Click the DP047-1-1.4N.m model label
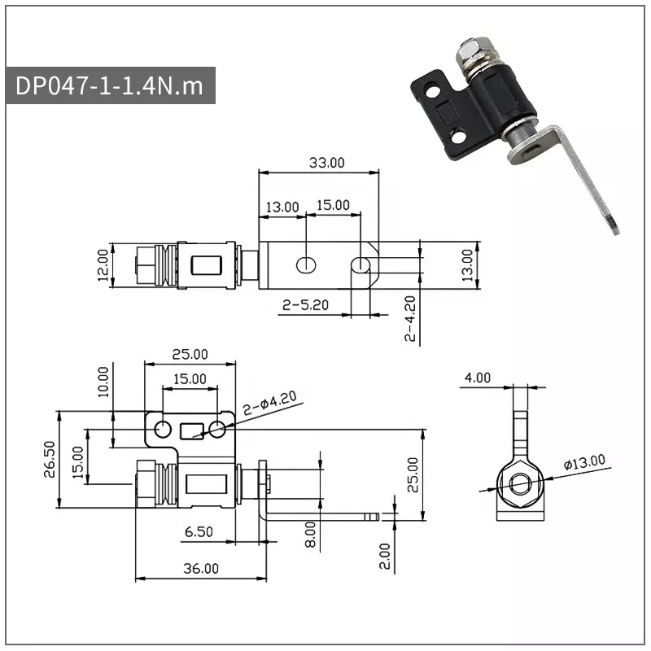pos(109,86)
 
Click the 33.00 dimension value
pos(327,163)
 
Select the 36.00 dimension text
pos(201,568)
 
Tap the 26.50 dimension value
pos(50,459)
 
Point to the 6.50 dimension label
pos(199,532)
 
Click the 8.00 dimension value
pos(310,535)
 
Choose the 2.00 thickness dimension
pos(385,556)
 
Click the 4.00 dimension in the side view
pos(478,378)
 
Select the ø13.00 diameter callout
pos(584,461)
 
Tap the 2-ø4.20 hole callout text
pos(270,403)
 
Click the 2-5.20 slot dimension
pos(305,305)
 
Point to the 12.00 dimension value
pos(103,265)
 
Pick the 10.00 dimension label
pos(103,382)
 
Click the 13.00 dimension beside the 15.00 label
pos(282,207)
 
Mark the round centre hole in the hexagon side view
pos(520,483)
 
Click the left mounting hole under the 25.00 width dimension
pos(162,429)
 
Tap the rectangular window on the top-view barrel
pos(207,266)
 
